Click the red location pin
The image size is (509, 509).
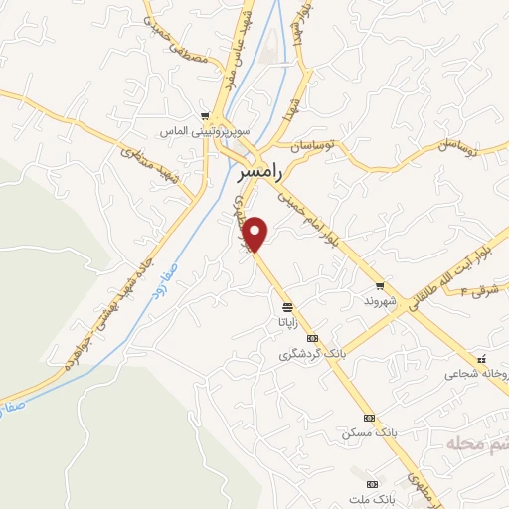pos(256,234)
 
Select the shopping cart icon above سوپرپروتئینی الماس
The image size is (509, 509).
pos(205,116)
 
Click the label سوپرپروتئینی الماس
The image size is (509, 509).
pos(205,131)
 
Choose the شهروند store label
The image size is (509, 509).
pos(379,299)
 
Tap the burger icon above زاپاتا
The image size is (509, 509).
pos(287,306)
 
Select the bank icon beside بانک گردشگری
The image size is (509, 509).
pos(313,339)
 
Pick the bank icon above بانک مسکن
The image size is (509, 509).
pos(369,419)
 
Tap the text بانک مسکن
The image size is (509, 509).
pos(363,433)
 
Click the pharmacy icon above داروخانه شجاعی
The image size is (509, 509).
pos(481,359)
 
